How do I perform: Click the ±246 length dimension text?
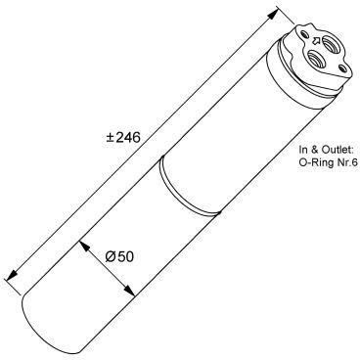[x=123, y=137]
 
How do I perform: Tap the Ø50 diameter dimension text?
[x=119, y=256]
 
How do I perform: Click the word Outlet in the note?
[x=337, y=150]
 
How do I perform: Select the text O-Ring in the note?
[x=315, y=162]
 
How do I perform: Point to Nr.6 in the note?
[x=345, y=162]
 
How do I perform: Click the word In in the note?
[x=303, y=150]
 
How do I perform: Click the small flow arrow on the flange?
[x=316, y=41]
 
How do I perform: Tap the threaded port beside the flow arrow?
[x=329, y=42]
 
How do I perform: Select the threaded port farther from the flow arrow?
[x=315, y=59]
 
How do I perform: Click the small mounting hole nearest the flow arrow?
[x=304, y=33]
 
